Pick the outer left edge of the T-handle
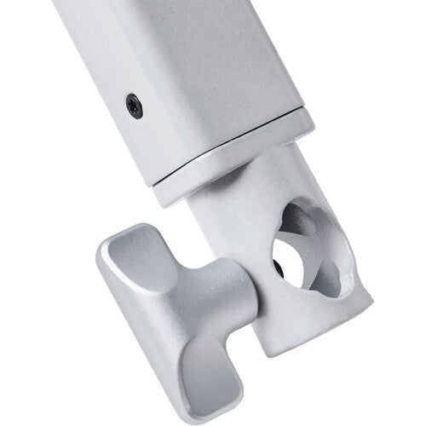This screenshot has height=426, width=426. coord(100,281)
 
